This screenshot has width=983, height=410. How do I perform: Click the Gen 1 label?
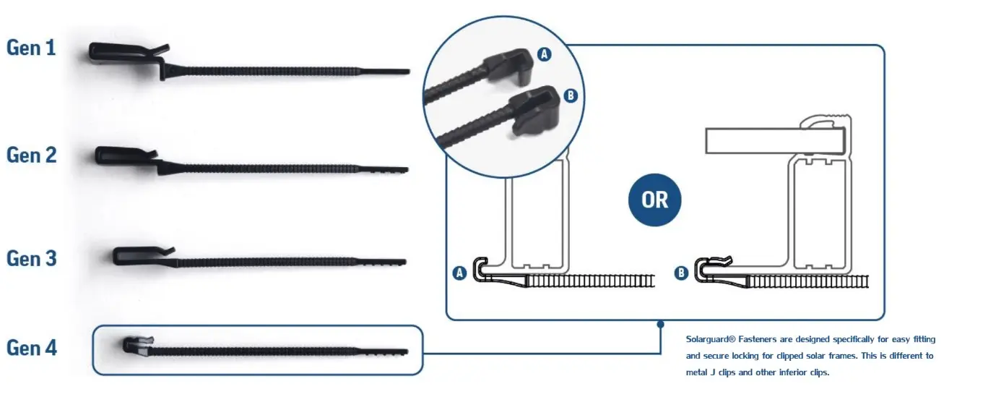tap(31, 48)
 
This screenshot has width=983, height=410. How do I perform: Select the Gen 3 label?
tap(31, 258)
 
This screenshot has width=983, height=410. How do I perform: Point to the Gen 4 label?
tap(31, 348)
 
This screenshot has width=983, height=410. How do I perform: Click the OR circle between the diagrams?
tap(655, 199)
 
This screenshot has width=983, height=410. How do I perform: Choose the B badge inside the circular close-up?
tap(570, 95)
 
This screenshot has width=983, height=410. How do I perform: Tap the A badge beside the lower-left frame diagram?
tap(458, 273)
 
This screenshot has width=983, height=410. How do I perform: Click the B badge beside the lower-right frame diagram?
tap(680, 273)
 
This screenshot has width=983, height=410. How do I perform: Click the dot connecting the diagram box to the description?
tap(660, 325)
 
